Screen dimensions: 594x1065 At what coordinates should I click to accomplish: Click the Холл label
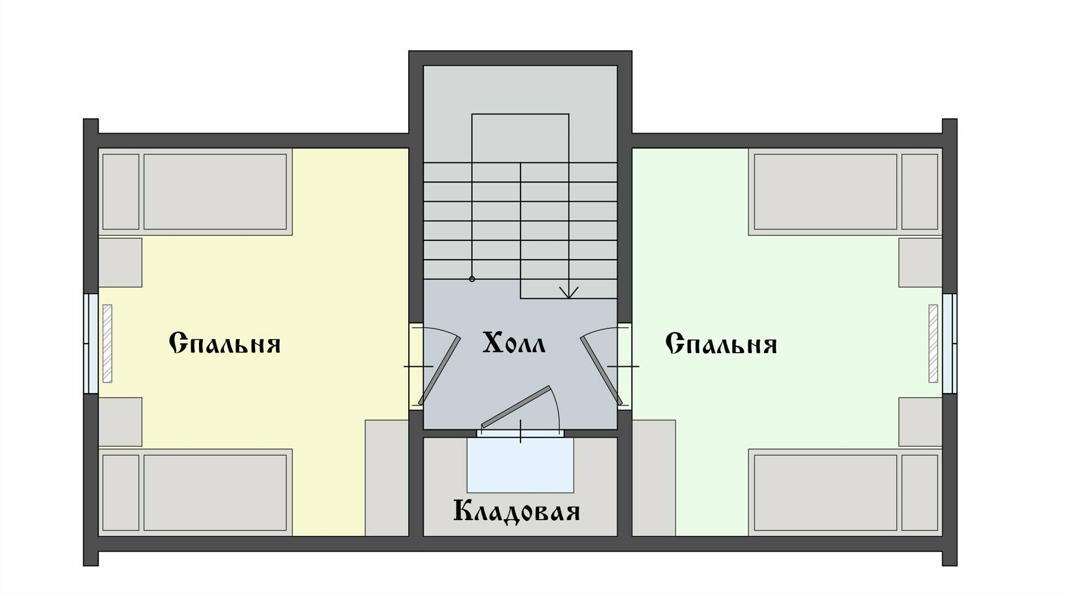[514, 343]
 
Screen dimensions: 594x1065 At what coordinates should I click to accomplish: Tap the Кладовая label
[517, 511]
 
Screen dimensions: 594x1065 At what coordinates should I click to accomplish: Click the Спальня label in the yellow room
[225, 344]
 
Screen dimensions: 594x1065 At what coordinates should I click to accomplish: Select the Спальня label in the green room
[721, 344]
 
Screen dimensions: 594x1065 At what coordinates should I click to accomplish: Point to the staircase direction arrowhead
[568, 293]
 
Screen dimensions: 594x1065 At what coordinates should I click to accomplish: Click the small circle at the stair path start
[472, 279]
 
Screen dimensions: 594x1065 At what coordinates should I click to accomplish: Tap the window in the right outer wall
[950, 343]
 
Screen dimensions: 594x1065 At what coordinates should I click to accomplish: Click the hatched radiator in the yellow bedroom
[108, 343]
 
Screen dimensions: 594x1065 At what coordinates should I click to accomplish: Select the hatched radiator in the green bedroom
[933, 343]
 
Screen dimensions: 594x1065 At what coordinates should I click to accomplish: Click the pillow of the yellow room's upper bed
[121, 191]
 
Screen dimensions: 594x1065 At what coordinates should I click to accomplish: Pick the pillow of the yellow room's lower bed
[121, 492]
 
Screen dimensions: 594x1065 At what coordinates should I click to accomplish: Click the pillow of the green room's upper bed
[919, 191]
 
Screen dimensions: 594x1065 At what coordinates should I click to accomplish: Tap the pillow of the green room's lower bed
[919, 492]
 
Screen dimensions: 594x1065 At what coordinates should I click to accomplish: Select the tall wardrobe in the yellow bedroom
[386, 477]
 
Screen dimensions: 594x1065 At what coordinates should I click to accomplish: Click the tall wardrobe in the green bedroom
[654, 477]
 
